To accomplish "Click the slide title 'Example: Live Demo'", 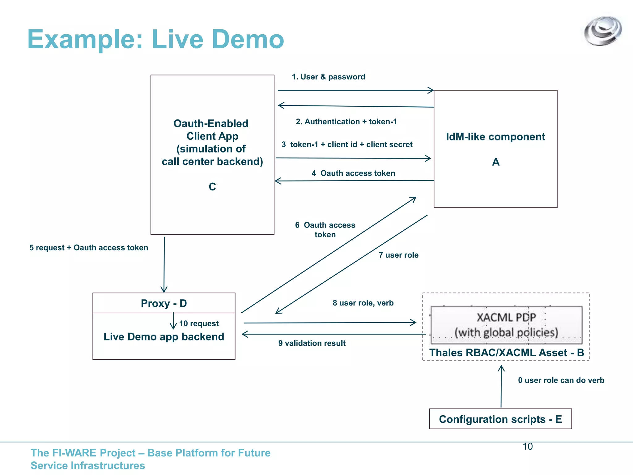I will [155, 39].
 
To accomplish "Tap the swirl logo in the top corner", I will [602, 31].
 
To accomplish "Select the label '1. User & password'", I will [328, 77].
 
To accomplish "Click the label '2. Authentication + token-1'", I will [346, 122].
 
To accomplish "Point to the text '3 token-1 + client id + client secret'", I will [347, 144].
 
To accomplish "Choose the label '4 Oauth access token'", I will [353, 173].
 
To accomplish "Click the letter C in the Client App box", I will [212, 187].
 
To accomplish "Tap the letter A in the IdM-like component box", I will [495, 162].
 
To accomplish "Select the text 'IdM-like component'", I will [495, 137].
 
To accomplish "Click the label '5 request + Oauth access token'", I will [89, 248].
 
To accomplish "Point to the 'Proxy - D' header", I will [164, 303].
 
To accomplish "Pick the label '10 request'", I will [199, 323].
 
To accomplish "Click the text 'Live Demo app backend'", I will [164, 337].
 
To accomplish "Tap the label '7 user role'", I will [398, 255].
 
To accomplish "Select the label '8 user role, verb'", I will [363, 303].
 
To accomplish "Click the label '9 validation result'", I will [312, 343].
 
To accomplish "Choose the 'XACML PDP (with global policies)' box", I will [506, 325].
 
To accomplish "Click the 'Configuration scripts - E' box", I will [500, 419].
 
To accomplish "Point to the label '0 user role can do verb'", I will [561, 380].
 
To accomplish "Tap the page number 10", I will [527, 447].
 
